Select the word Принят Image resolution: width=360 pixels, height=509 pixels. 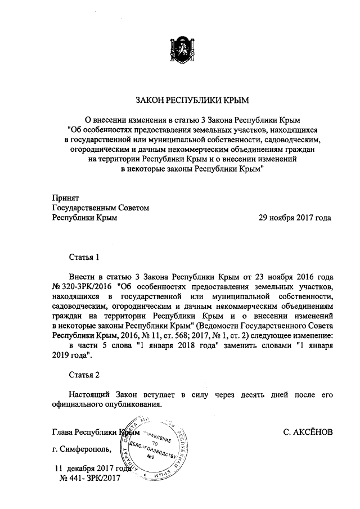tap(65, 198)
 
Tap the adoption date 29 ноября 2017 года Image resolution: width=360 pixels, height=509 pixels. tap(295, 218)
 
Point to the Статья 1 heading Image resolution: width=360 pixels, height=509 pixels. tap(84, 258)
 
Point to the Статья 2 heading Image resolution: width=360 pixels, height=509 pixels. tap(84, 375)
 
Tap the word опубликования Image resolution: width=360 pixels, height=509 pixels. tap(133, 404)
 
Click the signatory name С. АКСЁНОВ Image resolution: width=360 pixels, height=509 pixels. tap(309, 432)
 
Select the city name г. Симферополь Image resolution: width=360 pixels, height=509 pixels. tap(82, 449)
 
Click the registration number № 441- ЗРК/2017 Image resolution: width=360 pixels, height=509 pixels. tap(89, 478)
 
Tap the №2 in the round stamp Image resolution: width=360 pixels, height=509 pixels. tap(150, 457)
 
